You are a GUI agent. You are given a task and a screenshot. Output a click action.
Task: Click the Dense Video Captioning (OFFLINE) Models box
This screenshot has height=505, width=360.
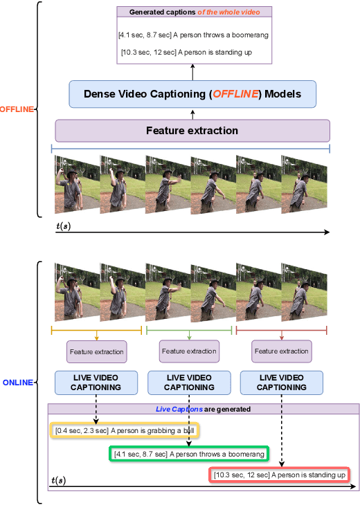[x=192, y=94]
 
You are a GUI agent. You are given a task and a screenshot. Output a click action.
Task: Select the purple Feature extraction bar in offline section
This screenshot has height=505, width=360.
[x=192, y=130]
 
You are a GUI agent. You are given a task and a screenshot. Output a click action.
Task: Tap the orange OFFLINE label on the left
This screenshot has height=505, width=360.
[x=16, y=109]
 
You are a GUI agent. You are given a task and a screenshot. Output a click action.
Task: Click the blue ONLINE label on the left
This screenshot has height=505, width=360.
[x=18, y=382]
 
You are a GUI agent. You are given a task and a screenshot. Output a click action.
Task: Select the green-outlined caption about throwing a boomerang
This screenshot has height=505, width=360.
[x=188, y=454]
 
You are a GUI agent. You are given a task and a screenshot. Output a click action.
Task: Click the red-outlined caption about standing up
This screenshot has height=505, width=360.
[x=279, y=475]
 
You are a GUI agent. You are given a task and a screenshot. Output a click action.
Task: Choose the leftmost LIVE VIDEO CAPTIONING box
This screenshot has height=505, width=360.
[x=96, y=383]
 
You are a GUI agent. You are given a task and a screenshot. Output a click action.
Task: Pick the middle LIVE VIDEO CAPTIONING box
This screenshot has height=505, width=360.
[x=189, y=383]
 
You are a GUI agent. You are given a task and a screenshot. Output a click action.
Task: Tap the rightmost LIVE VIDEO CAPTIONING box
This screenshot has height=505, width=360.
[x=281, y=383]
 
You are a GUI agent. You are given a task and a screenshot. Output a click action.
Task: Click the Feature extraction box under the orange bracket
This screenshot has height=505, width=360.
[x=96, y=351]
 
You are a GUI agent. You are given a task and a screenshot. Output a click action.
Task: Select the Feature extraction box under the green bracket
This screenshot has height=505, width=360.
[x=189, y=351]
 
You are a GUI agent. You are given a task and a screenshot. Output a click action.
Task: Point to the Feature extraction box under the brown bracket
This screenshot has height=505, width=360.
[x=281, y=351]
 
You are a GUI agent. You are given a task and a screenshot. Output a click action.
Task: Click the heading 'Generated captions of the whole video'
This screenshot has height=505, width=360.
[x=193, y=12]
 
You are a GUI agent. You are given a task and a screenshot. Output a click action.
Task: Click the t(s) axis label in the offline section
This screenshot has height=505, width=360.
[x=64, y=226]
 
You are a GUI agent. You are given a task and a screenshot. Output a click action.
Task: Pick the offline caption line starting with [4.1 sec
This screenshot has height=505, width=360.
[x=194, y=35]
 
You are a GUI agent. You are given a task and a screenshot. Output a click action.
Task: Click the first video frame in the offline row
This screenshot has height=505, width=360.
[x=77, y=183]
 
